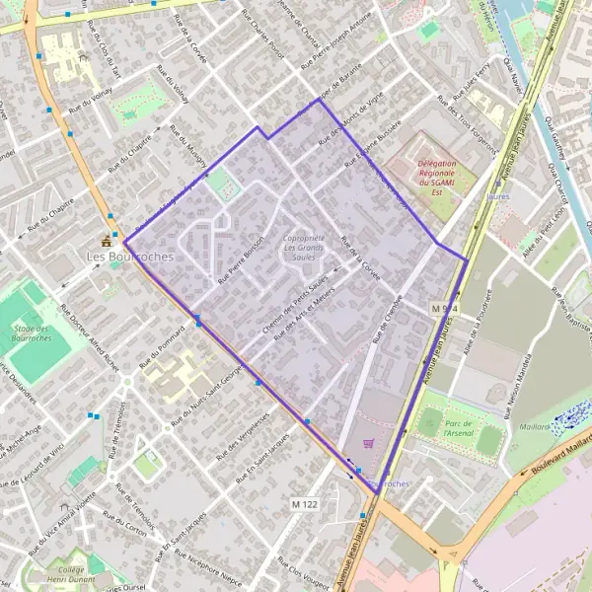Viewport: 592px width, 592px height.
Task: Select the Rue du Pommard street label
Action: click(x=169, y=341)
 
